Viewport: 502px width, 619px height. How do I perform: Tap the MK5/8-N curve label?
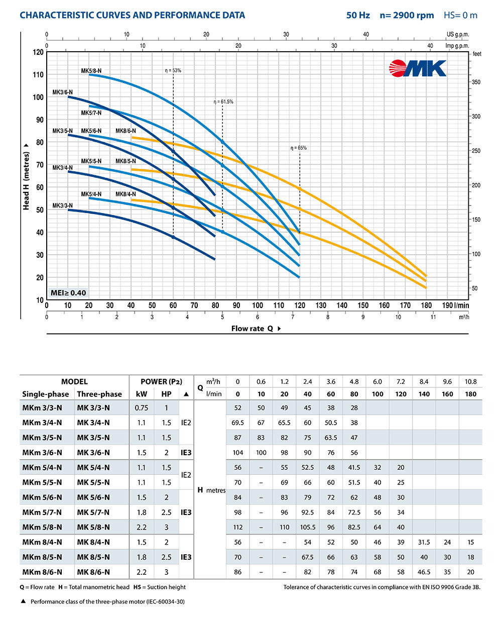[91, 71]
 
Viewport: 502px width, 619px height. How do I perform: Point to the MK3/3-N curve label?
[63, 205]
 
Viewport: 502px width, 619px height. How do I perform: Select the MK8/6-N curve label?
[125, 131]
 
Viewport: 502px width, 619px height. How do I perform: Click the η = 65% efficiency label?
[298, 148]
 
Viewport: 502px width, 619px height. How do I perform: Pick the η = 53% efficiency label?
[173, 71]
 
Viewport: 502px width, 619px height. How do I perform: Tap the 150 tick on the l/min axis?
[363, 305]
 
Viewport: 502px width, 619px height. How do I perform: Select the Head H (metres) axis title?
[26, 175]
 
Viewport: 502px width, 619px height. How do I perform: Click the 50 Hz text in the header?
[358, 15]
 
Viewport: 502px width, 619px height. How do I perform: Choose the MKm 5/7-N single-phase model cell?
[42, 512]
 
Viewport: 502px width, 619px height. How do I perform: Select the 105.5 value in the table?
[308, 528]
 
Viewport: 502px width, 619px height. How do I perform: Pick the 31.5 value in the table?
[424, 543]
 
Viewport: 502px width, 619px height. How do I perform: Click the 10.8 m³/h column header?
[470, 381]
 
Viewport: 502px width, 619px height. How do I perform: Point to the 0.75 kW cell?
[142, 407]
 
